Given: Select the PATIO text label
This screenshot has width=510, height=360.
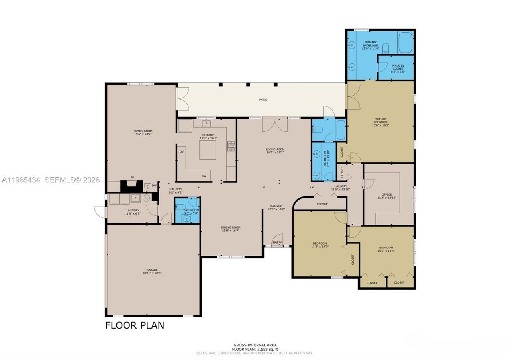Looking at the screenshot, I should pyautogui.click(x=263, y=100).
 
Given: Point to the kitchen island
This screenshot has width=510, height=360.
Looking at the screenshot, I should pyautogui.click(x=208, y=150).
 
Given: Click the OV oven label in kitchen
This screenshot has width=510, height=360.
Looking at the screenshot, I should pyautogui.click(x=182, y=151).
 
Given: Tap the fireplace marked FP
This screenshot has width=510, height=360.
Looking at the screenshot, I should pyautogui.click(x=131, y=186).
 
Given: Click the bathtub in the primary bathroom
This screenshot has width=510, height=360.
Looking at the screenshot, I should pyautogui.click(x=405, y=43).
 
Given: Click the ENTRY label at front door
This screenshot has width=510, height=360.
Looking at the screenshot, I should pyautogui.click(x=277, y=242).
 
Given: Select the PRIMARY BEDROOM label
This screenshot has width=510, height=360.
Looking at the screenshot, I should pyautogui.click(x=380, y=120).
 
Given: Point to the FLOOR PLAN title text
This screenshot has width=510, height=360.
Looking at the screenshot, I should pyautogui.click(x=134, y=325).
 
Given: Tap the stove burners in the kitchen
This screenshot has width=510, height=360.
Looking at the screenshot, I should pyautogui.click(x=231, y=146).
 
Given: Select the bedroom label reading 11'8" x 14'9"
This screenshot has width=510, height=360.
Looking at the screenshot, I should pyautogui.click(x=320, y=245).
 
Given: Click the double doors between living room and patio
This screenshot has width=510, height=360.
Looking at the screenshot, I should pyautogui.click(x=275, y=125).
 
